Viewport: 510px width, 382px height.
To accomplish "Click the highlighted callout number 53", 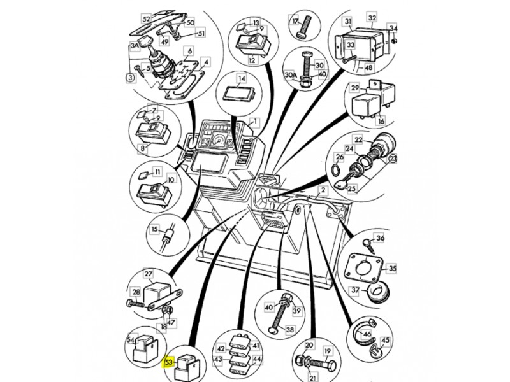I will [170, 362].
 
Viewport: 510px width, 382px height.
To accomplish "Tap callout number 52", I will [146, 18].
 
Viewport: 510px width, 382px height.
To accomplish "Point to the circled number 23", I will [391, 159].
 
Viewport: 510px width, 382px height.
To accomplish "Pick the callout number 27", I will [148, 274].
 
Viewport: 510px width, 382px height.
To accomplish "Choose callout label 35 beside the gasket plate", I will [392, 269].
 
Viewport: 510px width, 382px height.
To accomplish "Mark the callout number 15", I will [154, 229].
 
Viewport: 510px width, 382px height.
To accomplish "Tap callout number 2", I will [323, 190].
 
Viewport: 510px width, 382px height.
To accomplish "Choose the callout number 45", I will [385, 339].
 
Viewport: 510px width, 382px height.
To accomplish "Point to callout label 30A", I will [289, 74].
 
